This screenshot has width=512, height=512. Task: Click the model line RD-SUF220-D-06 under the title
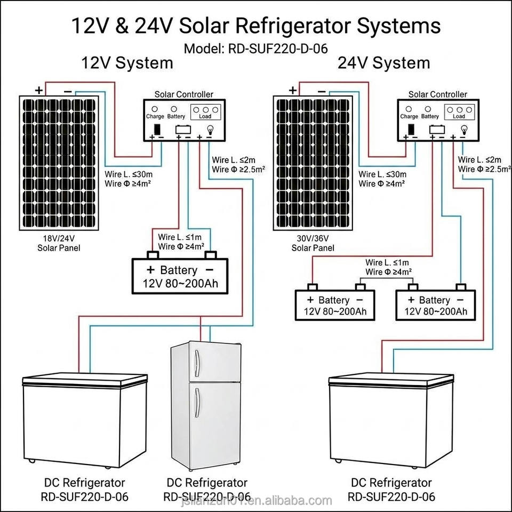pyautogui.click(x=255, y=49)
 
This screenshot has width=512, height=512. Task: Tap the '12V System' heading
pyautogui.click(x=127, y=63)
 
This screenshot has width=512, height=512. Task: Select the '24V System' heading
pyautogui.click(x=383, y=63)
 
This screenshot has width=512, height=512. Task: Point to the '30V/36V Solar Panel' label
pyautogui.click(x=313, y=243)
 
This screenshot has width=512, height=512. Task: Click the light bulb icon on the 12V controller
pyautogui.click(x=209, y=130)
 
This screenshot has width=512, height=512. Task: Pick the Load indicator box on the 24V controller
pyautogui.click(x=459, y=113)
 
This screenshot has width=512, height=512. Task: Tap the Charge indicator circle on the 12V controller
pyautogui.click(x=155, y=109)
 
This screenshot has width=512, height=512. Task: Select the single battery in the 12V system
pyautogui.click(x=180, y=273)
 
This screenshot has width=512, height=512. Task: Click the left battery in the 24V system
pyautogui.click(x=335, y=302)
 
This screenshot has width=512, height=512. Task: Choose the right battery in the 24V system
pyautogui.click(x=435, y=302)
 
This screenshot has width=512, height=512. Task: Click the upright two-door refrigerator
pyautogui.click(x=206, y=405)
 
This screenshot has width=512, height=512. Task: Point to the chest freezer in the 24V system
pyautogui.click(x=391, y=421)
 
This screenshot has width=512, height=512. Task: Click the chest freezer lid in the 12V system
pyautogui.click(x=85, y=379)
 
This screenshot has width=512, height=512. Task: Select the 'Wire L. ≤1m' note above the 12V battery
pyautogui.click(x=180, y=237)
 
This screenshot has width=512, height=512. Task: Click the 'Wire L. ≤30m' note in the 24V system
pyautogui.click(x=382, y=174)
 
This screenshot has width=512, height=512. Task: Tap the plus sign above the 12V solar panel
pyautogui.click(x=39, y=90)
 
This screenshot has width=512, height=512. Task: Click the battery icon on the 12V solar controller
pyautogui.click(x=183, y=129)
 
